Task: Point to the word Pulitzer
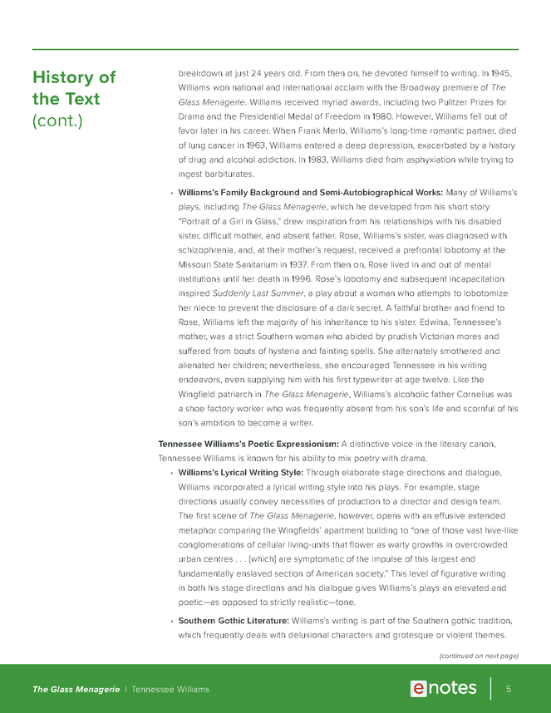[432, 102]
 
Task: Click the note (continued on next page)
[478, 655]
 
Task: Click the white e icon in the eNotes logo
[420, 688]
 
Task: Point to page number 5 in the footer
[508, 689]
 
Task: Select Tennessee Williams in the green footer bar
[170, 689]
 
